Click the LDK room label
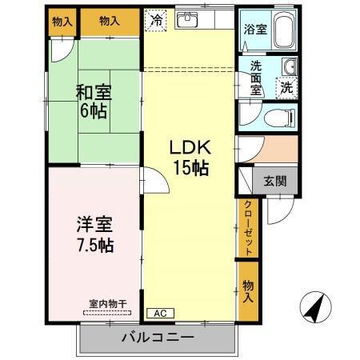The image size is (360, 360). click(189, 149)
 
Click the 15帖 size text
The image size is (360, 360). click(190, 168)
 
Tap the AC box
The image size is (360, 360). click(158, 314)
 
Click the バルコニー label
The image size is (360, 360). click(158, 336)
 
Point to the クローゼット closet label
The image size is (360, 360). click(248, 229)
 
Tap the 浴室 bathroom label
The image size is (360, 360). click(255, 30)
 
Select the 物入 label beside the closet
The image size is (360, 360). click(248, 292)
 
